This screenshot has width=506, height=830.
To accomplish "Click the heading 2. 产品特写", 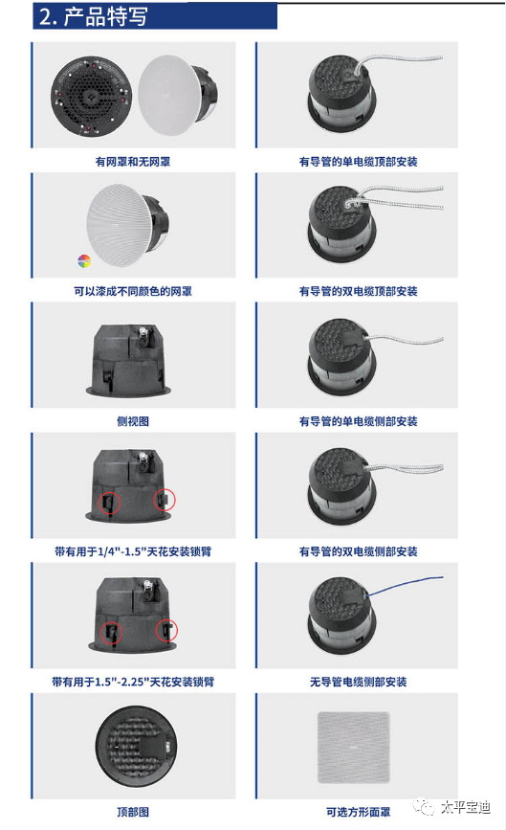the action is pyautogui.click(x=93, y=16).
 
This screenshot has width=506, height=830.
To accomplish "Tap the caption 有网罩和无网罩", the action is pyautogui.click(x=133, y=162).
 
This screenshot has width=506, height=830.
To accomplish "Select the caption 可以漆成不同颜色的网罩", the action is pyautogui.click(x=133, y=291).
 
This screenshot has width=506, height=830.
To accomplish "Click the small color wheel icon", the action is pyautogui.click(x=84, y=260).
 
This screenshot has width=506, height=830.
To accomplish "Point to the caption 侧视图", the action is pyautogui.click(x=133, y=421).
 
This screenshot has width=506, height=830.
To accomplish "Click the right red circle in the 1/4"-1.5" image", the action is pyautogui.click(x=165, y=499).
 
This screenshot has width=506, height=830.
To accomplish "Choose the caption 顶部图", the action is pyautogui.click(x=133, y=812).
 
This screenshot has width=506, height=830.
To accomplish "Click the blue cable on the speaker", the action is pyautogui.click(x=405, y=585).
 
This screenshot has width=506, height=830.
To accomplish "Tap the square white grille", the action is pyautogui.click(x=353, y=748).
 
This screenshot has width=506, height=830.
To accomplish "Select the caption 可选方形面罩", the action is pyautogui.click(x=358, y=812).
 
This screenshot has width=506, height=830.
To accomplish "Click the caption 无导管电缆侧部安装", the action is pyautogui.click(x=358, y=682).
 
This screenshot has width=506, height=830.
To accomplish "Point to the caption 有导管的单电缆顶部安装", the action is pyautogui.click(x=358, y=162).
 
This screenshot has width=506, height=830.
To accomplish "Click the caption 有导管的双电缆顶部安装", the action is pyautogui.click(x=358, y=291).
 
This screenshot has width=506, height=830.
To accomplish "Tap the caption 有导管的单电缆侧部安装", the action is pyautogui.click(x=358, y=421).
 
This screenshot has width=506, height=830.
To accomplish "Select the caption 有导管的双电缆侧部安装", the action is pyautogui.click(x=358, y=551).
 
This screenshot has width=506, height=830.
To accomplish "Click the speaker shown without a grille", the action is pyautogui.click(x=91, y=97).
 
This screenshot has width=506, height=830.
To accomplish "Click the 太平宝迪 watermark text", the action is pyautogui.click(x=465, y=807).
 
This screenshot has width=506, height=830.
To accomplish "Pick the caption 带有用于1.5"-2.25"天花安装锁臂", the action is pyautogui.click(x=133, y=682).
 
